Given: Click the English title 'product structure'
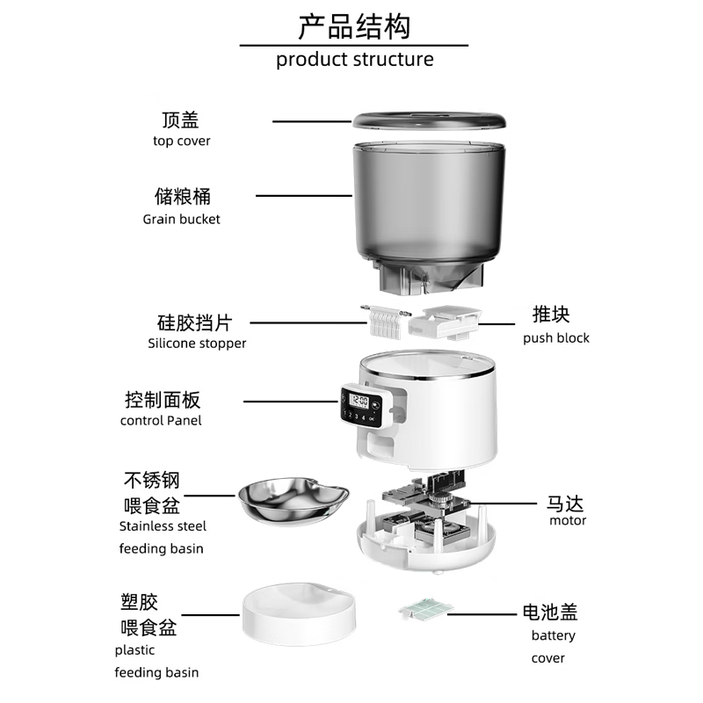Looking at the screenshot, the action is (355, 60).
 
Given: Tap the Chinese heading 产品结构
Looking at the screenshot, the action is (354, 26).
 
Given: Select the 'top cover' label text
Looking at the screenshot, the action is (182, 141).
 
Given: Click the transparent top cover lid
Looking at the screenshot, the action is (429, 120).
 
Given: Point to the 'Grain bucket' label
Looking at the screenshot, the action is (182, 219).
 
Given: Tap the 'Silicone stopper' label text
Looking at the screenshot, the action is (197, 344).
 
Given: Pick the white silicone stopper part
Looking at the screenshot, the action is (385, 321).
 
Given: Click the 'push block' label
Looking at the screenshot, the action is (556, 338).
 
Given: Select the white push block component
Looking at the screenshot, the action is (445, 323).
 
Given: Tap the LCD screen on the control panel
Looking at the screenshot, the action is (359, 401).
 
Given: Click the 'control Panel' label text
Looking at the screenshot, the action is (161, 421).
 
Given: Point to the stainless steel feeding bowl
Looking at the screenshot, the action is (294, 501).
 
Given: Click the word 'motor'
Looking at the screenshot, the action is (568, 520).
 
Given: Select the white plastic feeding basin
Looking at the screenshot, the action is (300, 614).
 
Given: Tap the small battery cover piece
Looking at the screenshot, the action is (425, 609).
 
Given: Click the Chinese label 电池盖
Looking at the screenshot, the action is (550, 612).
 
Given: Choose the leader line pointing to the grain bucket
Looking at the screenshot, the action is (304, 196).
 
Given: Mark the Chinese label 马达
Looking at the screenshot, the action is (565, 504).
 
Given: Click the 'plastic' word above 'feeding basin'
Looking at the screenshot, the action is (134, 650).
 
